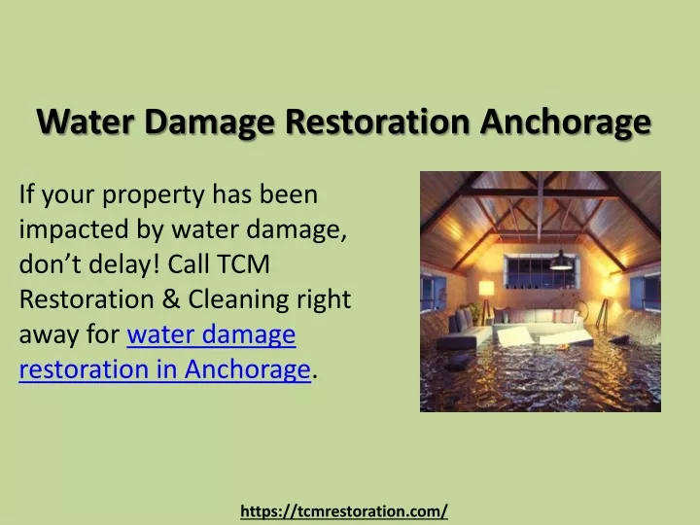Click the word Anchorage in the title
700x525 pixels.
(566, 122)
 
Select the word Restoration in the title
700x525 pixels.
(377, 122)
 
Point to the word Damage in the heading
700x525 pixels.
(210, 122)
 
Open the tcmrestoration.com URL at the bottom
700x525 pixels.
(344, 511)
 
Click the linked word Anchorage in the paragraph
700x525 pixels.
(247, 370)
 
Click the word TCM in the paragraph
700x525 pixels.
(244, 263)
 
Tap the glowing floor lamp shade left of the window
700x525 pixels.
(486, 288)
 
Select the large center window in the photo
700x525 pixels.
(541, 271)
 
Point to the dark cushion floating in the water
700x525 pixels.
(459, 361)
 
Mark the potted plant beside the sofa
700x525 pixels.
(475, 312)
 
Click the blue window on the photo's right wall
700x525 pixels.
(646, 292)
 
